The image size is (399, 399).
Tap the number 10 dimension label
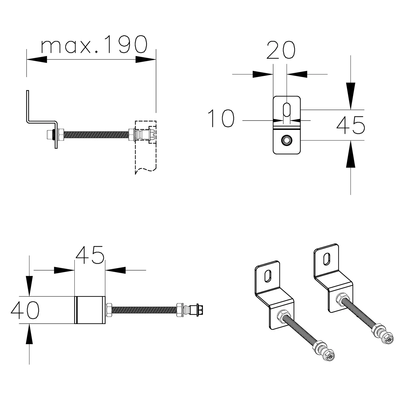tap(221, 118)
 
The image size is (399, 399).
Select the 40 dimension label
tap(25, 310)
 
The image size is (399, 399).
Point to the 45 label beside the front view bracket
tap(351, 125)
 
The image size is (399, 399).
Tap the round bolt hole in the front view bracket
tap(287, 140)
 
